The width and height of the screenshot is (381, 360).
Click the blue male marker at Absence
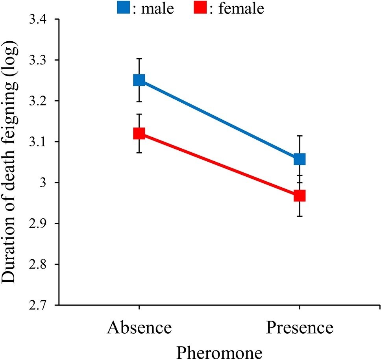click(139, 80)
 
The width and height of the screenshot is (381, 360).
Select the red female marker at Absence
click(139, 134)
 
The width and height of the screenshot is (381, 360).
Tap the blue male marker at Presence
click(300, 159)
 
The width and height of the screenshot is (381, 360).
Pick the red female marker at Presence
click(300, 196)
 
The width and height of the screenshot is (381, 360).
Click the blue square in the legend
click(123, 7)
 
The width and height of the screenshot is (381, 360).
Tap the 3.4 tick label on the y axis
click(42, 19)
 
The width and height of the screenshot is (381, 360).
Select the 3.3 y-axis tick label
click(42, 60)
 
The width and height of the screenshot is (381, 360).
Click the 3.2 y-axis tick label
click(42, 101)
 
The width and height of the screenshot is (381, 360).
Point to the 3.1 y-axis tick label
click(42, 142)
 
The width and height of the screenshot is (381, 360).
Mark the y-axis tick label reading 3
click(49, 183)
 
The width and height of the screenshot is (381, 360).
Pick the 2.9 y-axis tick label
click(42, 223)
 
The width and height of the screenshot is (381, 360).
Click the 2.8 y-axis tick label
click(42, 264)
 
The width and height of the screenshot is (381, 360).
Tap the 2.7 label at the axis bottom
click(42, 305)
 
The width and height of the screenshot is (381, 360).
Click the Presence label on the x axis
click(300, 328)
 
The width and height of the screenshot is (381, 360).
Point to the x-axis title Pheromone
click(219, 350)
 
